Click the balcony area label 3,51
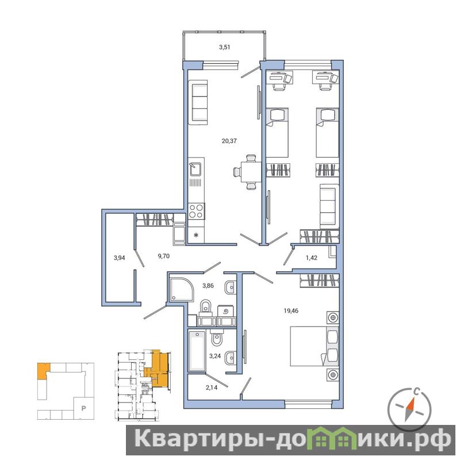[x=224, y=47]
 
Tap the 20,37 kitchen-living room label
[x=229, y=141]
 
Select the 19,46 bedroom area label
[x=291, y=310]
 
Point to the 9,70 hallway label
[x=164, y=256]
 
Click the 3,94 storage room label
[x=120, y=258]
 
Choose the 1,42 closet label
[x=312, y=258]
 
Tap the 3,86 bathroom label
[x=208, y=285]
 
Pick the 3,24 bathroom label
[x=215, y=356]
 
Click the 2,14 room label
[x=212, y=388]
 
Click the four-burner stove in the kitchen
[x=196, y=211]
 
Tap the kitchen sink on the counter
[x=195, y=170]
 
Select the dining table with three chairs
[x=248, y=172]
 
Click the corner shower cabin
[x=182, y=289]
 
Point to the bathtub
[x=197, y=351]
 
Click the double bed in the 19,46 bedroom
[x=314, y=346]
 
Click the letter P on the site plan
[x=83, y=408]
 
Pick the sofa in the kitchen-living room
[x=200, y=102]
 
